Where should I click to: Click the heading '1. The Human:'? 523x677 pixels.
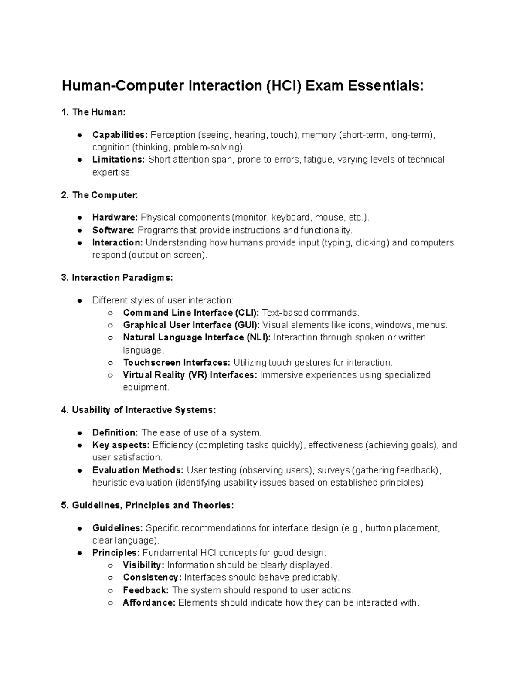coord(93,112)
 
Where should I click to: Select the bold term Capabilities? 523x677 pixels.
coord(120,135)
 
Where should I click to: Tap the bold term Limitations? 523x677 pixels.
coord(118,160)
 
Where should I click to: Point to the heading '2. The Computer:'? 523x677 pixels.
coord(99,195)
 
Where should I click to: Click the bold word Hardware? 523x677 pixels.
coord(115,218)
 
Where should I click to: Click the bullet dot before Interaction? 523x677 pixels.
coord(80,243)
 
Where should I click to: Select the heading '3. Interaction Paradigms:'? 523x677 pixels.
coord(117,278)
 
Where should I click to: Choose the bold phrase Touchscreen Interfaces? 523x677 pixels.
coord(177,363)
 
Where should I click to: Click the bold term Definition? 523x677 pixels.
coord(115,433)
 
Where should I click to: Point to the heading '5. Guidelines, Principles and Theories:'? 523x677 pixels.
coord(148,506)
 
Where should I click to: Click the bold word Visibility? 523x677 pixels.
coord(143,565)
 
